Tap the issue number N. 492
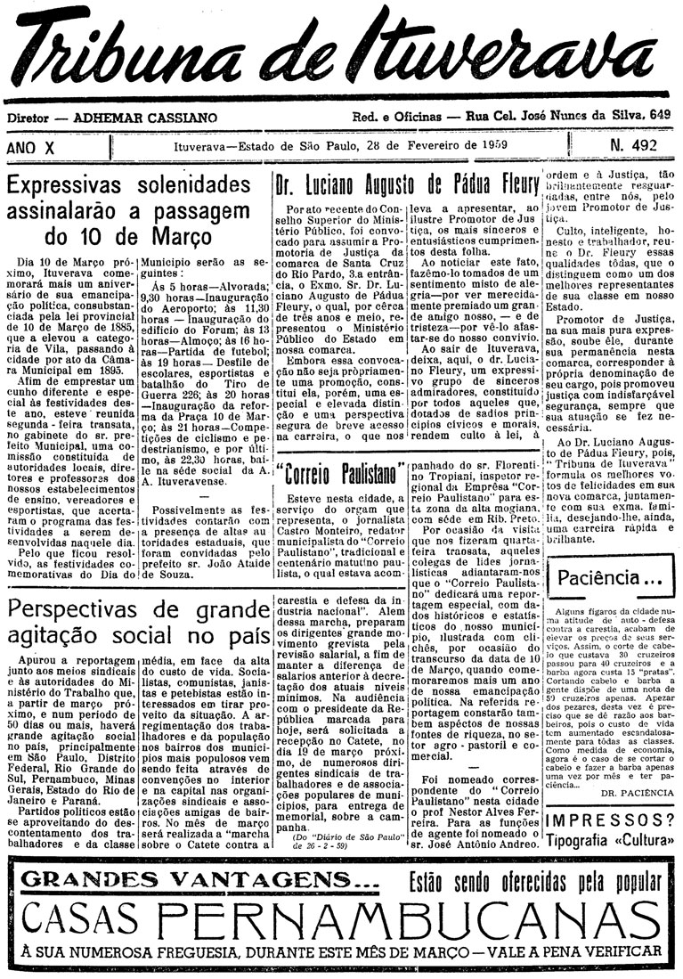point(633,145)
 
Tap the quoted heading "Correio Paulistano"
point(331,473)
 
